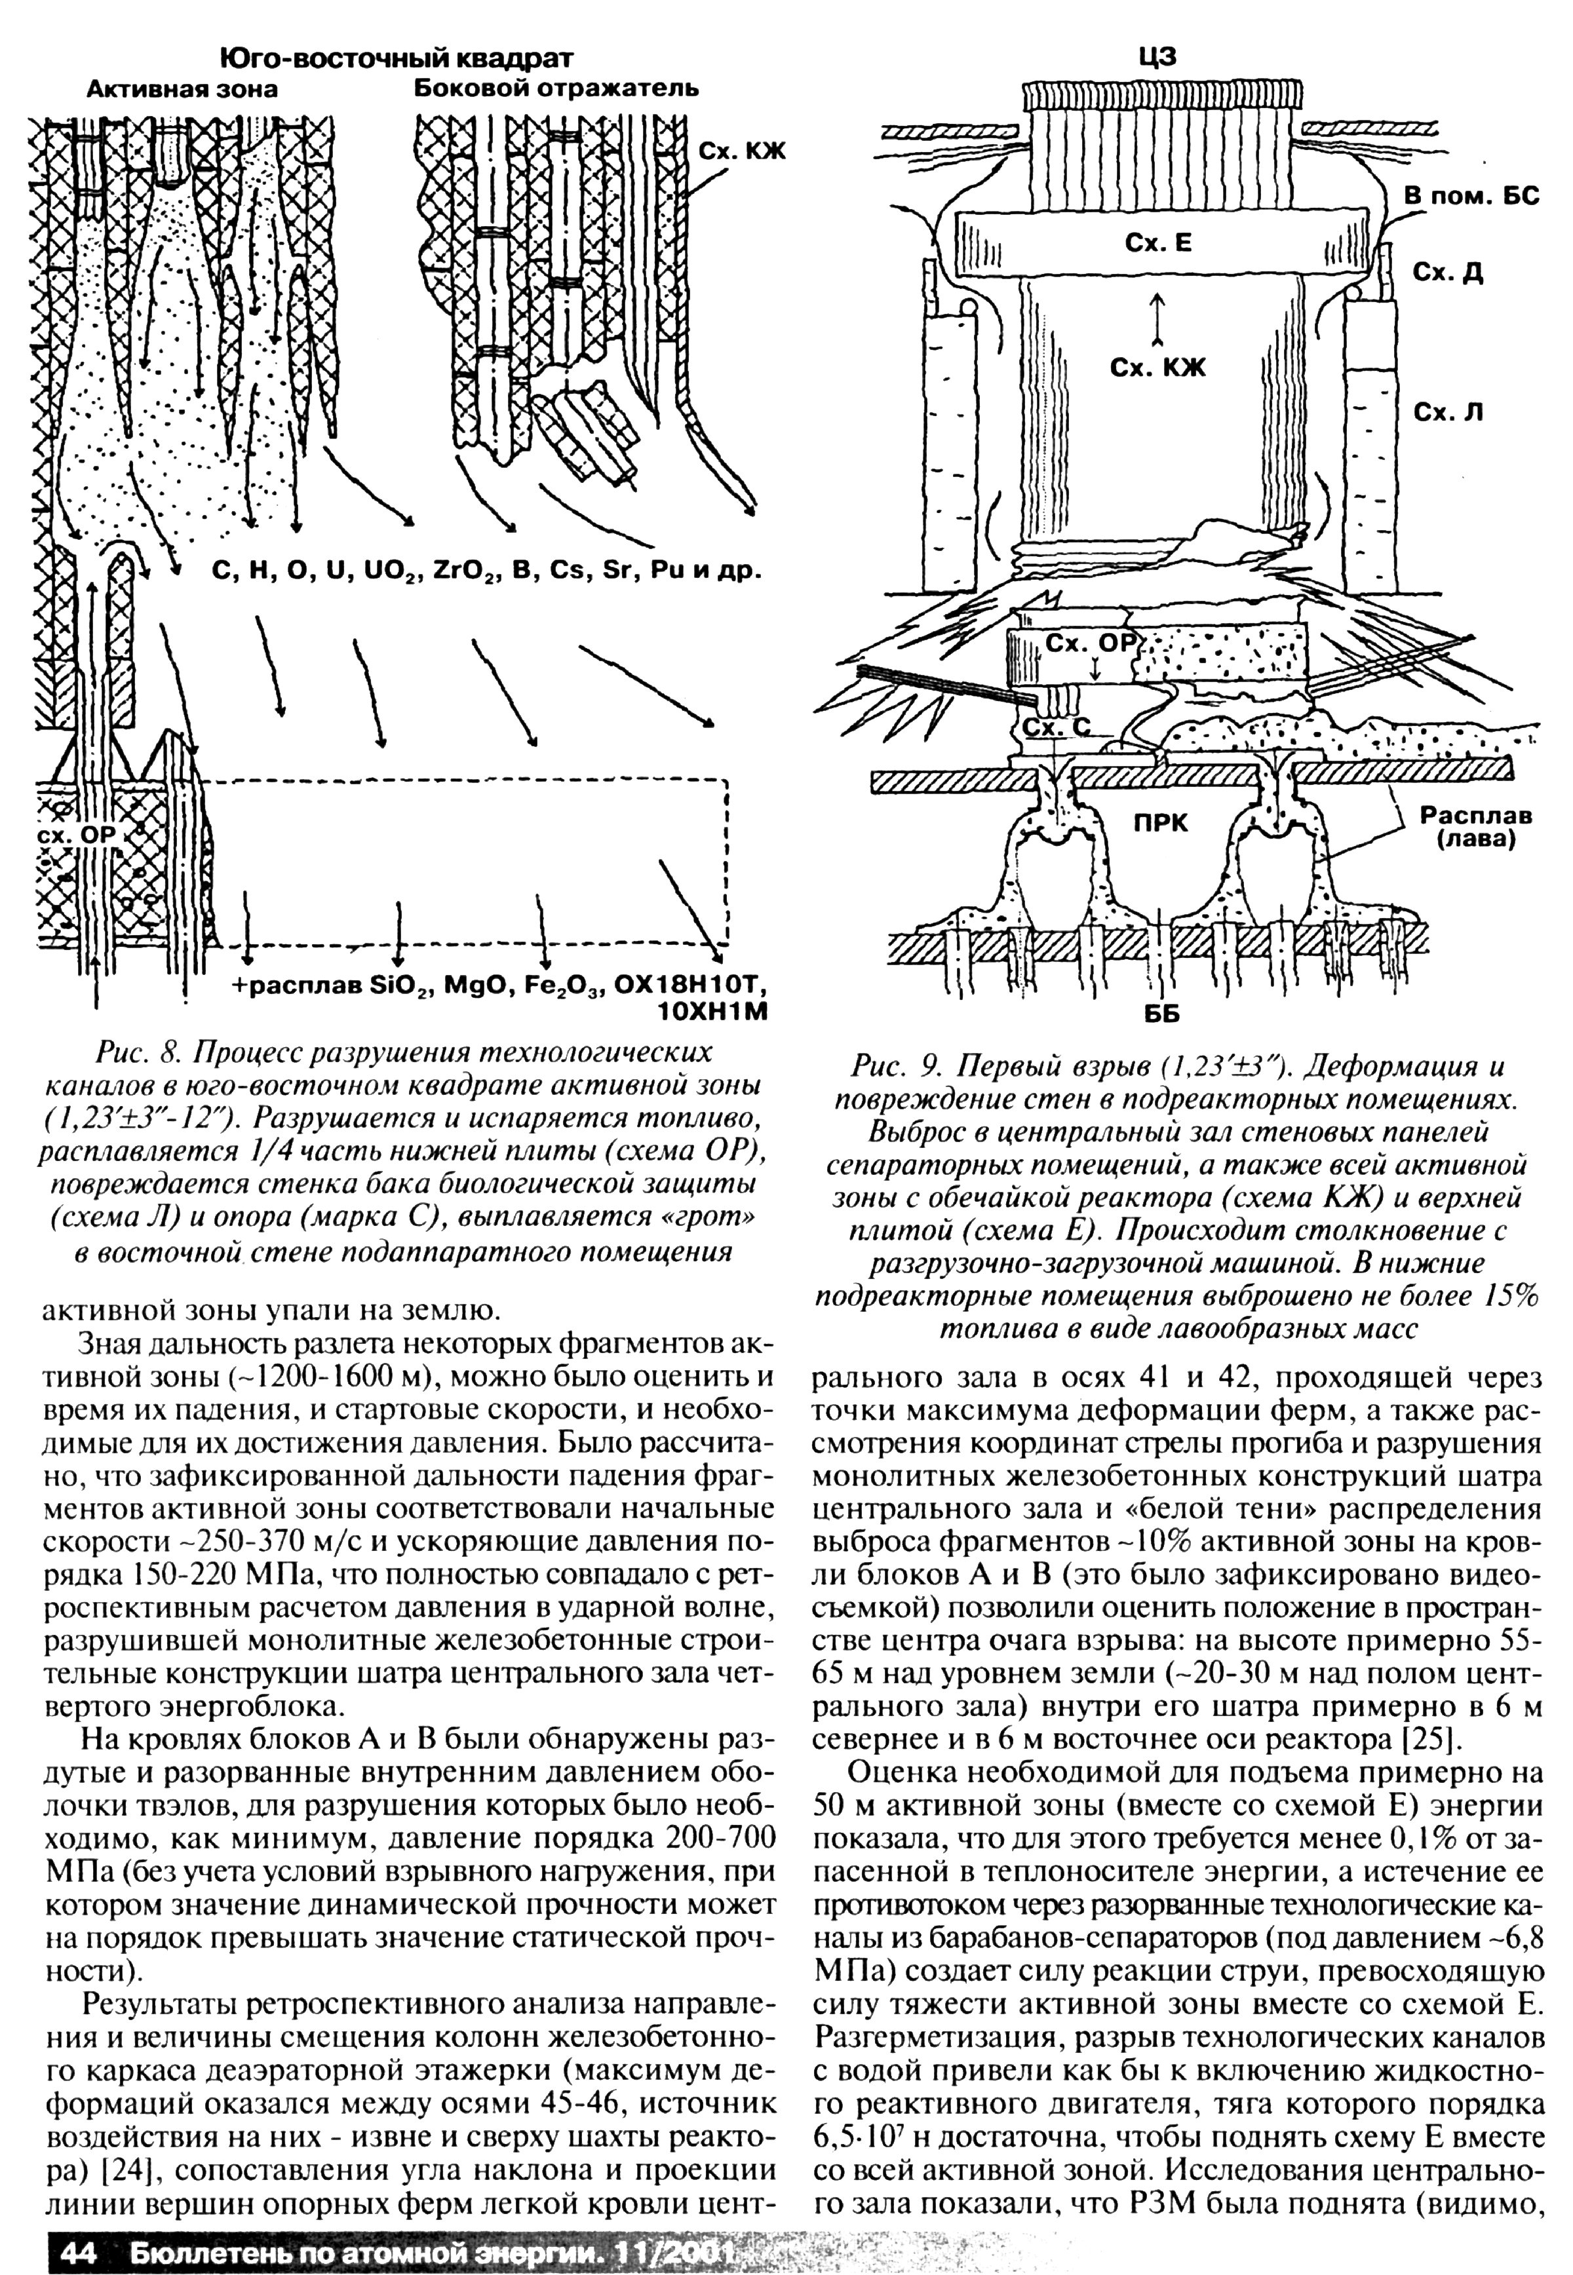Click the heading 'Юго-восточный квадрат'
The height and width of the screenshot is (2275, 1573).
pyautogui.click(x=395, y=59)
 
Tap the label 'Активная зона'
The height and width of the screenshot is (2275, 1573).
pyautogui.click(x=182, y=90)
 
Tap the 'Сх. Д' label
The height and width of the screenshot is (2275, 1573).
pyautogui.click(x=1448, y=273)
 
